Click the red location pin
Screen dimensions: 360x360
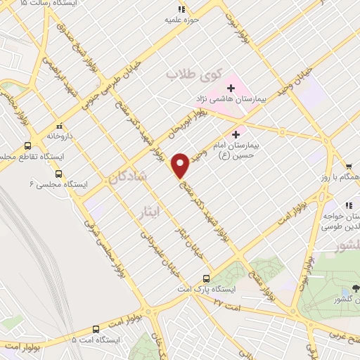tap(181, 166)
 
